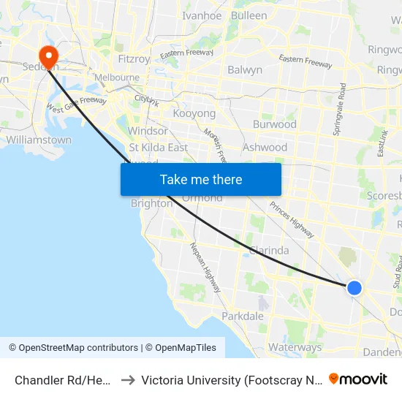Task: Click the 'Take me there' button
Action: pos(201,179)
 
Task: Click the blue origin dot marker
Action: pos(354,288)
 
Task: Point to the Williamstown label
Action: pos(39,140)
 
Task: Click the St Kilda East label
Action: pos(157,147)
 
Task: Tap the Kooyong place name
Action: pos(194,113)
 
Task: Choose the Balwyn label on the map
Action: pos(245,70)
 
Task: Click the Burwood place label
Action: pos(274,124)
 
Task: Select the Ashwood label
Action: pos(265,147)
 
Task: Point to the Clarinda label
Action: pos(268,250)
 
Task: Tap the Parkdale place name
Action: pos(242,316)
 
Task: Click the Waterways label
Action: pos(295,347)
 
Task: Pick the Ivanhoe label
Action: pos(201,15)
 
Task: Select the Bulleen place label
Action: pos(249,15)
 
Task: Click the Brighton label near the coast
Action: pos(151,204)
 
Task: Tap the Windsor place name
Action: pos(147,131)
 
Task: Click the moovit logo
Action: pos(358,379)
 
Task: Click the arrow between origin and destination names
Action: pos(128,380)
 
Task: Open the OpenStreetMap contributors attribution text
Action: pos(73,348)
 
